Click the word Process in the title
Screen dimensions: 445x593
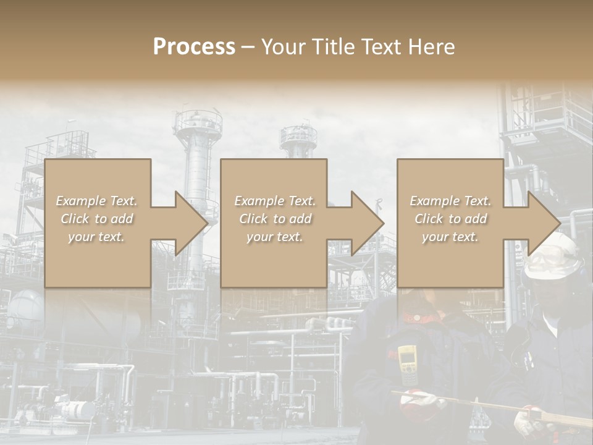tap(194, 47)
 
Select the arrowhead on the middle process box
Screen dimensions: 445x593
tap(367, 223)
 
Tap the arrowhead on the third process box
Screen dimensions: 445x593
tap(544, 223)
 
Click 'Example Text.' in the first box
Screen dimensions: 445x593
tap(97, 201)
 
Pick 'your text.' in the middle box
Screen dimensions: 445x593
tap(275, 237)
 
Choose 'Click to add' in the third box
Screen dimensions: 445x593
tap(450, 219)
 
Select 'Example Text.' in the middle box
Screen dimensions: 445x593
tap(275, 201)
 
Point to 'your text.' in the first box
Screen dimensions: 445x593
tap(97, 237)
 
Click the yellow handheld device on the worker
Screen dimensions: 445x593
tap(407, 365)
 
